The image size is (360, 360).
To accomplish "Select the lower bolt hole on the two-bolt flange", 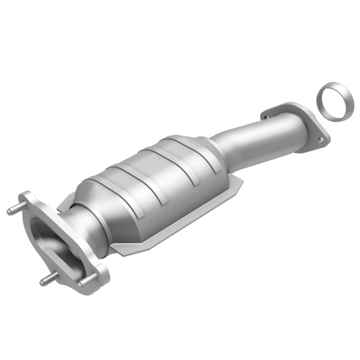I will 320,139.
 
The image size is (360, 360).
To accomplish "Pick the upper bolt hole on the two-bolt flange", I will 266,117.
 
